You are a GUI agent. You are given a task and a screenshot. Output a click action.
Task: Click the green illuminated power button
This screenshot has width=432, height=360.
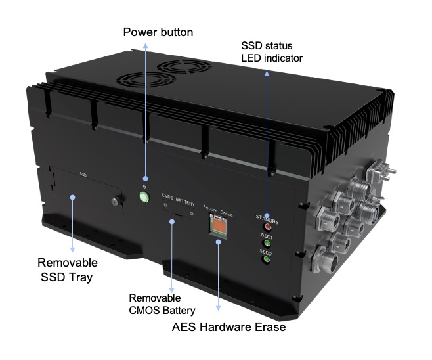144,197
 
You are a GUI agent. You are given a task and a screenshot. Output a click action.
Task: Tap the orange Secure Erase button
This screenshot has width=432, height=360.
219,225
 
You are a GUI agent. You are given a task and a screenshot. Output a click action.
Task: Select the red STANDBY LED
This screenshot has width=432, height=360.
267,227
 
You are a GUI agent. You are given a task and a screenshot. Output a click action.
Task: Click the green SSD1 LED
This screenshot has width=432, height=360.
267,243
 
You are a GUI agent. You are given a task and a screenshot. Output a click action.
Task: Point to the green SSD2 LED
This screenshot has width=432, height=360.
266,259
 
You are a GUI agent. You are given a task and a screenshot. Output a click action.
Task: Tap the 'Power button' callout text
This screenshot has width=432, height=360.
158,32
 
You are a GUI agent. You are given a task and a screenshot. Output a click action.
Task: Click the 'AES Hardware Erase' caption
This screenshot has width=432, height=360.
228,327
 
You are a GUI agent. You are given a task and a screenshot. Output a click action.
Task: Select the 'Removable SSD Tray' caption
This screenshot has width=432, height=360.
68,270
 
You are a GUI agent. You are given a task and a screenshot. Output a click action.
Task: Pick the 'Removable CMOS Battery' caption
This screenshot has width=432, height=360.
162,304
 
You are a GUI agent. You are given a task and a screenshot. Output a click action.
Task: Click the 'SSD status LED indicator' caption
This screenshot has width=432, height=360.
272,52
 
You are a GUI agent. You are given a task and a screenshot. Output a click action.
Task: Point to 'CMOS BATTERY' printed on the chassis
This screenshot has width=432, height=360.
179,200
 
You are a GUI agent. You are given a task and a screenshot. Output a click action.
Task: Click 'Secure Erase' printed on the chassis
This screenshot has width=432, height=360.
218,210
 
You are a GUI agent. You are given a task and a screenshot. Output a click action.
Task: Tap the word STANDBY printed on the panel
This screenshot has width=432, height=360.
267,219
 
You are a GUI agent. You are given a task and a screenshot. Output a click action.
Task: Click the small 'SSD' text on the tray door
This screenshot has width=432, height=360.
83,175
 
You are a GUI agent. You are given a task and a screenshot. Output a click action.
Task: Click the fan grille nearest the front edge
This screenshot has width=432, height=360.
146,79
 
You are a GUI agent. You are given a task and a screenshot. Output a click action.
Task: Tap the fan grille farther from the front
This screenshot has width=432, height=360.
184,67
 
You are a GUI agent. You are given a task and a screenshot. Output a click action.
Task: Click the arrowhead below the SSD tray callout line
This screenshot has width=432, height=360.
72,250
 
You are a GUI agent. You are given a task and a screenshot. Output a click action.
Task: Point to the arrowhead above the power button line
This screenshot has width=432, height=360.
145,46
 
